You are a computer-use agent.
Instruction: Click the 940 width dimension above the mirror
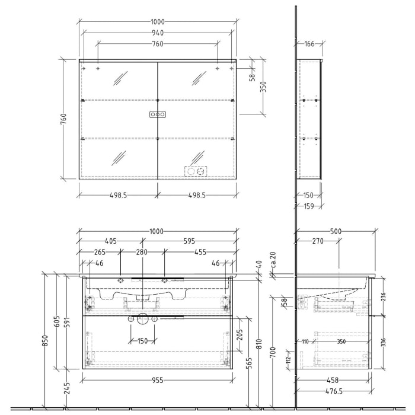point(157,33)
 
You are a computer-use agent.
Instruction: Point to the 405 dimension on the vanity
point(111,241)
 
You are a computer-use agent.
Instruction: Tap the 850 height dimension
point(46,341)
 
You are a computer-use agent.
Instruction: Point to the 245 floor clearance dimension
point(67,388)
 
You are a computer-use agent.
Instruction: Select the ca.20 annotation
point(273,260)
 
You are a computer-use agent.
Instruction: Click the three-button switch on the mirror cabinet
point(157,114)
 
